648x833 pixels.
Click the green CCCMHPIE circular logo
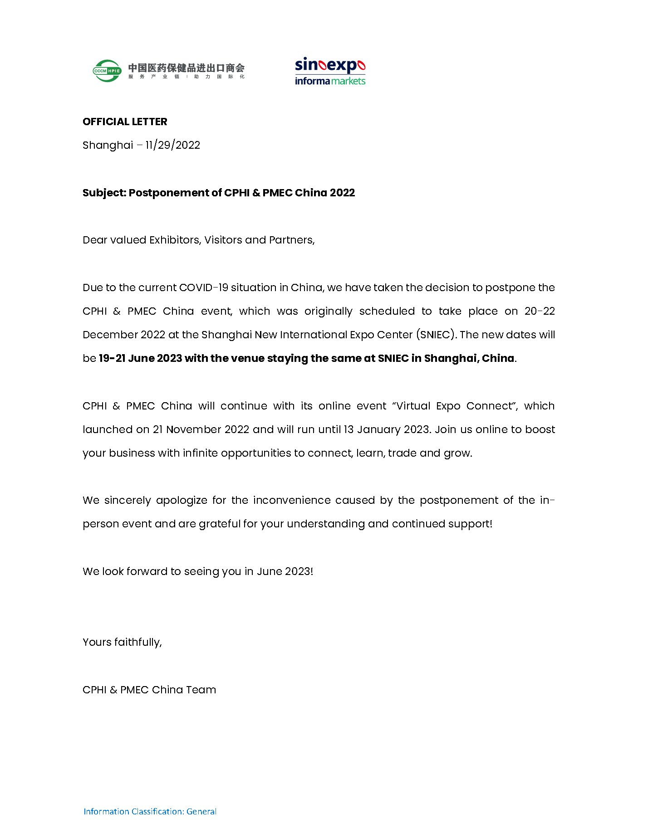coord(107,71)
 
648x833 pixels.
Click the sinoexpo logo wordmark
coord(330,65)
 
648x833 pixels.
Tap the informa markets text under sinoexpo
coord(330,81)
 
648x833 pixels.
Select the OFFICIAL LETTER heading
coord(125,122)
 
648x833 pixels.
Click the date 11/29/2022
coord(172,145)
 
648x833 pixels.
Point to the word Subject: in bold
coord(104,193)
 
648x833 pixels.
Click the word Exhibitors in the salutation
coord(175,240)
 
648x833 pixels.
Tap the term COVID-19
coord(203,287)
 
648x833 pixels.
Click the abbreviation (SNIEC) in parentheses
coord(436,335)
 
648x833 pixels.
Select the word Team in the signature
coord(201,690)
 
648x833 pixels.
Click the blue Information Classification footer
coord(150,811)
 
